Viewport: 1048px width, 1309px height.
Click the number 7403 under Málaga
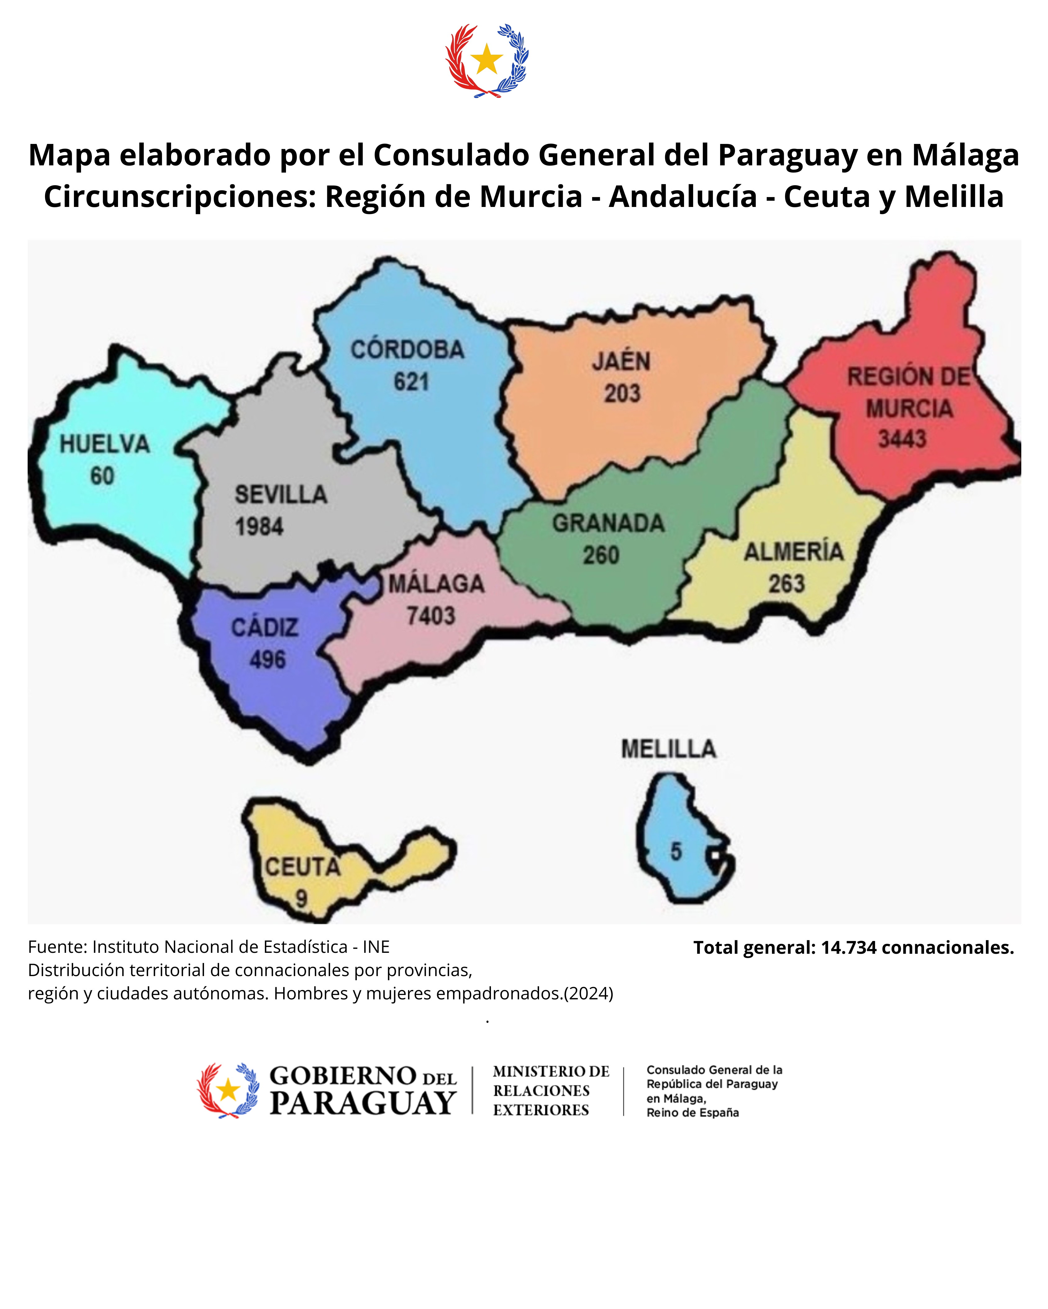pos(431,616)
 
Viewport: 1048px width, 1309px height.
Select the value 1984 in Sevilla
pos(259,527)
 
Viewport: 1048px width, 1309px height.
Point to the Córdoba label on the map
pos(407,350)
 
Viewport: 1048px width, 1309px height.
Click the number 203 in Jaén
pos(622,393)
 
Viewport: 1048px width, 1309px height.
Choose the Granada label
pos(608,523)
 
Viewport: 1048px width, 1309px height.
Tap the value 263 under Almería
pos(787,584)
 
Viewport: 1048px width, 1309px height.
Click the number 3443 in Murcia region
pos(902,438)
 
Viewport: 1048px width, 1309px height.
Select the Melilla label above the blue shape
pos(668,749)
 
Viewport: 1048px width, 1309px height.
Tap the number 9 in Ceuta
pos(301,899)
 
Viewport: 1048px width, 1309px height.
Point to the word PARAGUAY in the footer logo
pos(363,1103)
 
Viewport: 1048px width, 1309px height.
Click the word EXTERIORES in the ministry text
pos(541,1110)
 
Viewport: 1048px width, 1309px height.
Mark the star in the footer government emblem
pos(229,1090)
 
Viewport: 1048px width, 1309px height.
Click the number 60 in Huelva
pos(102,476)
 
